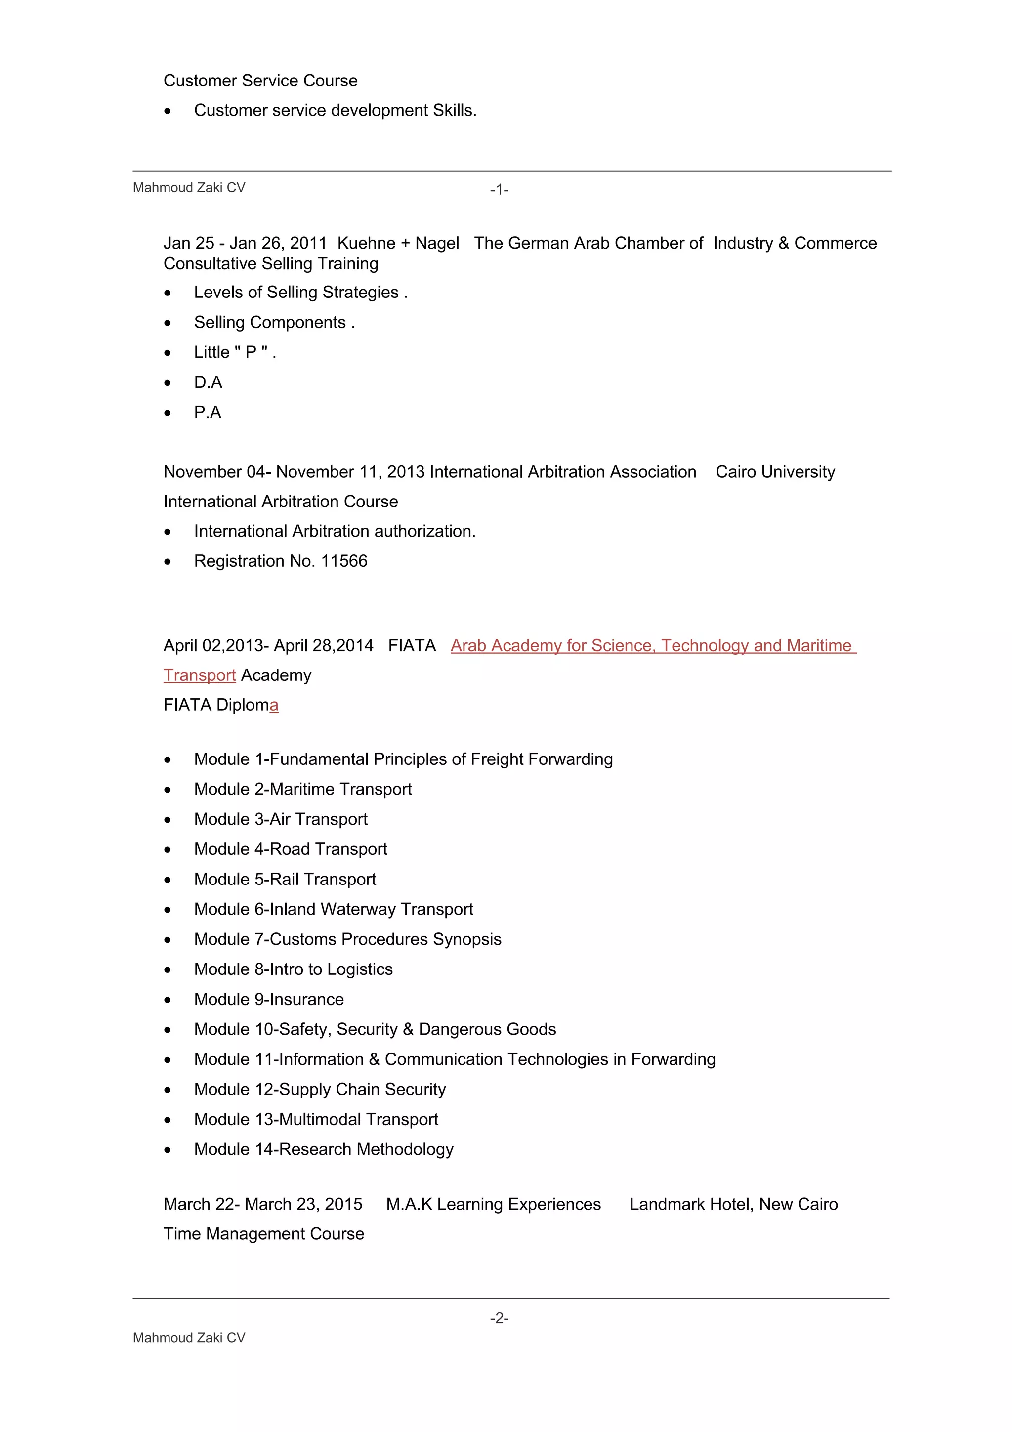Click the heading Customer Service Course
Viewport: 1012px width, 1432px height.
pyautogui.click(x=260, y=81)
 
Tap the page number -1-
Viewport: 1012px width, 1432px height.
pyautogui.click(x=499, y=190)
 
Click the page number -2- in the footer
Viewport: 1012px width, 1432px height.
pyautogui.click(x=499, y=1318)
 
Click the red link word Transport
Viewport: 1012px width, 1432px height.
pyautogui.click(x=200, y=675)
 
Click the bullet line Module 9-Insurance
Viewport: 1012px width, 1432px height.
pyautogui.click(x=269, y=999)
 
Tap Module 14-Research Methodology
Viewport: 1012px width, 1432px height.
pyautogui.click(x=324, y=1149)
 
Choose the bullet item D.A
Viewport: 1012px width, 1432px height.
pyautogui.click(x=208, y=382)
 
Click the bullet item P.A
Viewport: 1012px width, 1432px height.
pyautogui.click(x=208, y=412)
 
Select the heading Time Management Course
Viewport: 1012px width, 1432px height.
pyautogui.click(x=264, y=1234)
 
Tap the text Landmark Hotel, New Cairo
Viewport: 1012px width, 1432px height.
pyautogui.click(x=733, y=1204)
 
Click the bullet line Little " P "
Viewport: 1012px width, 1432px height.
pyautogui.click(x=234, y=352)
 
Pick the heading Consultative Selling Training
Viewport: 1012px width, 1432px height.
pyautogui.click(x=271, y=264)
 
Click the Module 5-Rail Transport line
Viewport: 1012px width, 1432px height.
pyautogui.click(x=285, y=880)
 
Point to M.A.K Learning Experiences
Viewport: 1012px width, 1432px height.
pyautogui.click(x=493, y=1204)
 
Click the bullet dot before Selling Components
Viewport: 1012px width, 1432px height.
pyautogui.click(x=167, y=323)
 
